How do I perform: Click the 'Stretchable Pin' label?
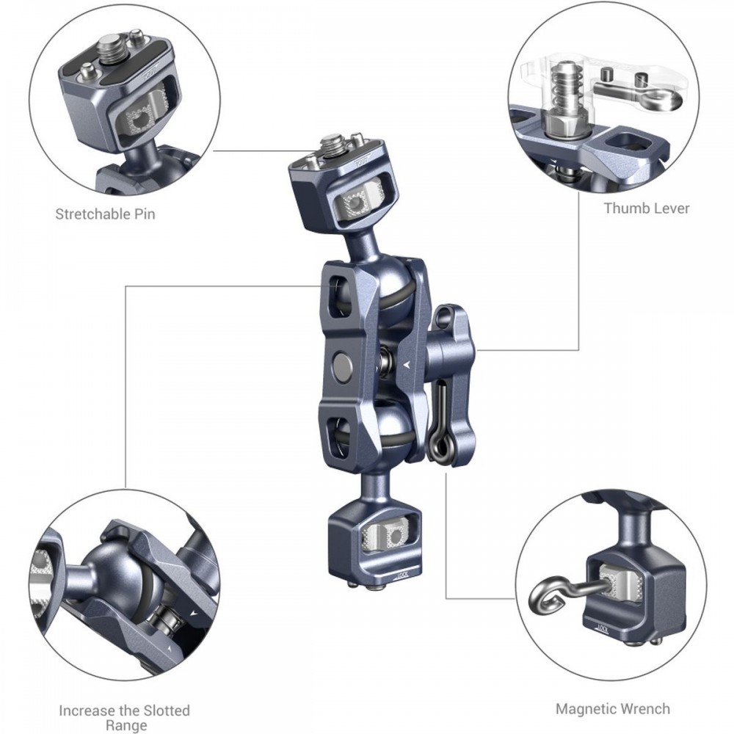[x=105, y=214]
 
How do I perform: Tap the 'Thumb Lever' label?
[x=647, y=208]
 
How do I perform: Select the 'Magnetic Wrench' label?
[x=613, y=709]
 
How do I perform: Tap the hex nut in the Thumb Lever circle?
[x=564, y=123]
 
